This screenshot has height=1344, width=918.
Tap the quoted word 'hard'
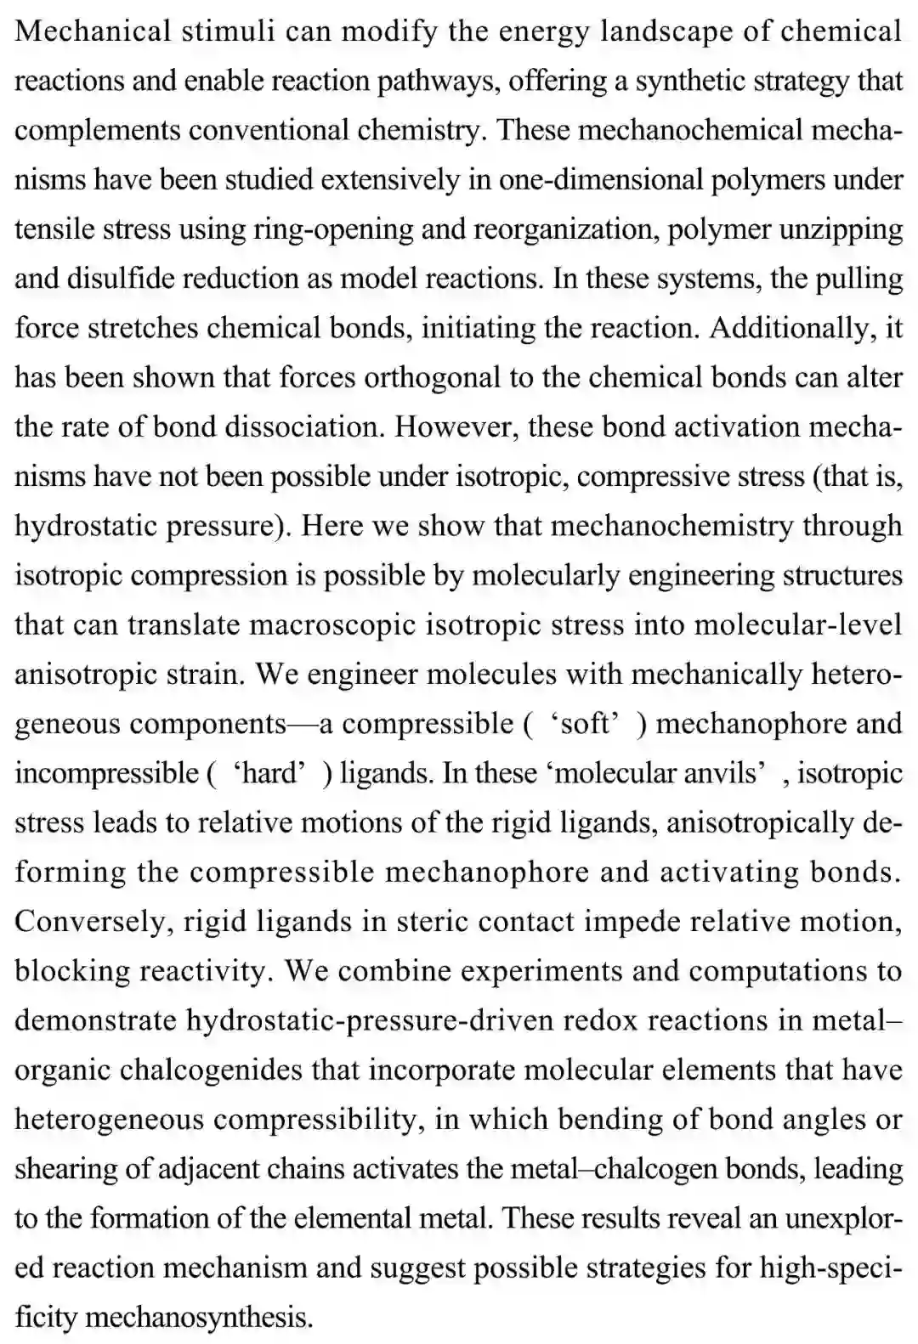(x=269, y=773)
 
